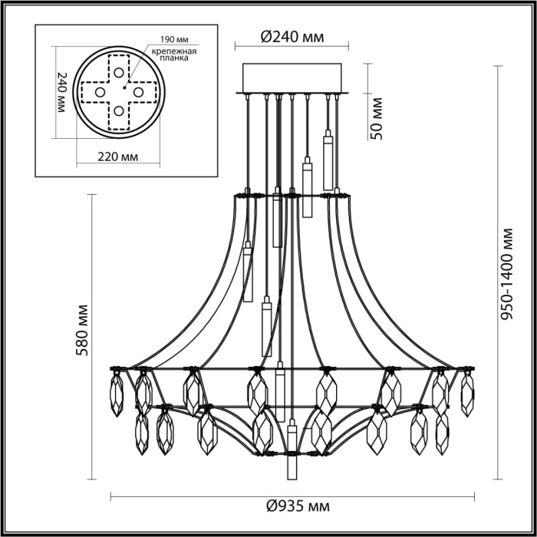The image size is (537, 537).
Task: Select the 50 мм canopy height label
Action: pyautogui.click(x=376, y=117)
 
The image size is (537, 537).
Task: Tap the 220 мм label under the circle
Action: pyautogui.click(x=119, y=157)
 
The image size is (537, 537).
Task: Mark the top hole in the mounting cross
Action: pyautogui.click(x=119, y=72)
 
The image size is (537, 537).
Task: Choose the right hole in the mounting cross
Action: pyautogui.click(x=139, y=92)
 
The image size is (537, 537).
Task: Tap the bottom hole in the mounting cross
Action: pyautogui.click(x=119, y=111)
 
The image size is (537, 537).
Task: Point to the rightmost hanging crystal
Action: pyautogui.click(x=467, y=393)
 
